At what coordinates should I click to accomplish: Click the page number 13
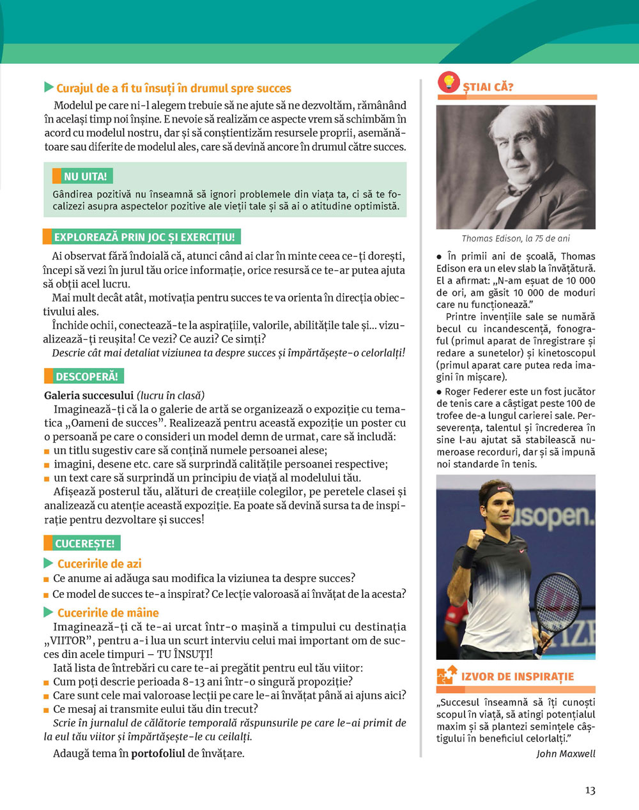tap(590, 790)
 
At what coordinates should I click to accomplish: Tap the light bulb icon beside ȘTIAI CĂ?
tap(449, 83)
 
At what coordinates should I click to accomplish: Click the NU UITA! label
tap(85, 176)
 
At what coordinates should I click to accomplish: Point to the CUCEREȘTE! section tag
tap(84, 544)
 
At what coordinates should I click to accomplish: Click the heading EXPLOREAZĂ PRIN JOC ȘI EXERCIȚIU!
tap(144, 237)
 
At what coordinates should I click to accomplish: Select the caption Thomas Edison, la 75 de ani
tap(516, 238)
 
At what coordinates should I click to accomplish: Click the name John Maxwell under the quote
tap(566, 754)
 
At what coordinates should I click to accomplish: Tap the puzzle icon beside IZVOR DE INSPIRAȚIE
tap(446, 676)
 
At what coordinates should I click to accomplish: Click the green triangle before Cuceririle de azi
tap(49, 563)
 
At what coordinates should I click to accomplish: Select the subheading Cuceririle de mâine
tap(108, 613)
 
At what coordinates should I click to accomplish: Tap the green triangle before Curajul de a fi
tap(49, 88)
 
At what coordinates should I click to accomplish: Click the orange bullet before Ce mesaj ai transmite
tap(47, 710)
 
